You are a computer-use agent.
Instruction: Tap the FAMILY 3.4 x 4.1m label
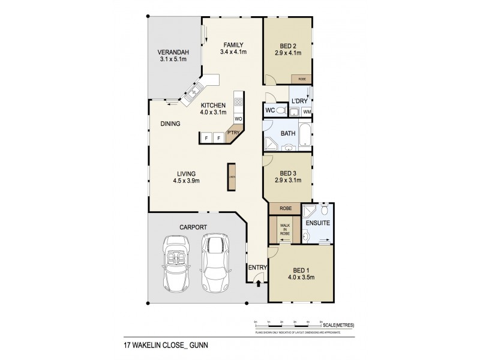pos(233,48)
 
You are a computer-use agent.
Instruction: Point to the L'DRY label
pos(298,101)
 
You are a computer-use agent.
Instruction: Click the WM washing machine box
pos(307,112)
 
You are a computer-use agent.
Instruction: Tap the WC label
pos(271,111)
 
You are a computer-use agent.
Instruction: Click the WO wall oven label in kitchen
pos(238,119)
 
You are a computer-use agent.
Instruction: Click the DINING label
pos(170,124)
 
